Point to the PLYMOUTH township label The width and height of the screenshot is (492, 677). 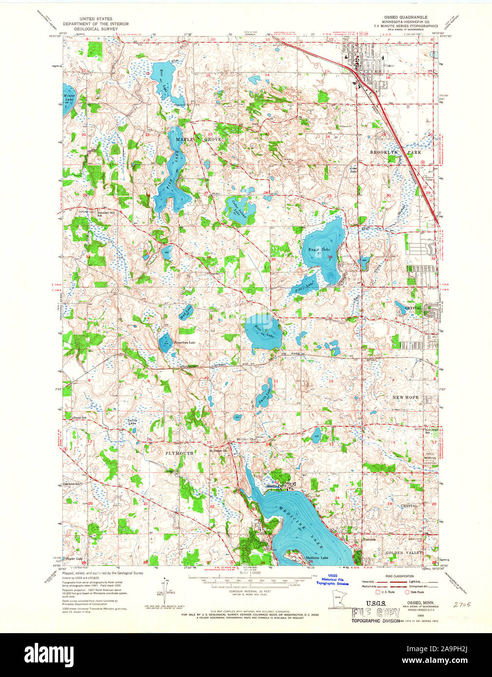pyautogui.click(x=179, y=453)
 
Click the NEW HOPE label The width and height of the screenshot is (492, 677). pyautogui.click(x=405, y=397)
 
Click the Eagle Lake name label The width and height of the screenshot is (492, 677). pyautogui.click(x=317, y=250)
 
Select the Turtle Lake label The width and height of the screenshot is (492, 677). pyautogui.click(x=132, y=422)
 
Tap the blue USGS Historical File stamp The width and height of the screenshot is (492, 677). pyautogui.click(x=332, y=580)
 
